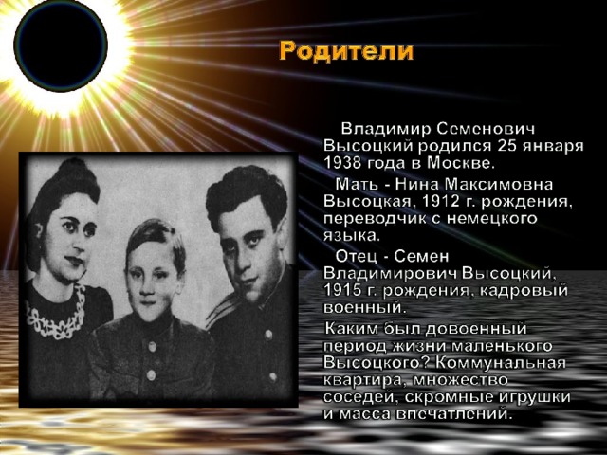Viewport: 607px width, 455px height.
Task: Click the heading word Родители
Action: tap(346, 51)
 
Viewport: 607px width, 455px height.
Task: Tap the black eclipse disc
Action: tap(61, 45)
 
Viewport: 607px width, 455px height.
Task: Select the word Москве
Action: tap(461, 163)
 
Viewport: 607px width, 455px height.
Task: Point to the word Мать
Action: tap(356, 184)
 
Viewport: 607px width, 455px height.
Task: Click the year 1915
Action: tap(341, 291)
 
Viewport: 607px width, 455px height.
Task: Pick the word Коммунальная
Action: tap(500, 363)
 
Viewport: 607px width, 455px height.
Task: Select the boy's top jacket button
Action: tap(153, 347)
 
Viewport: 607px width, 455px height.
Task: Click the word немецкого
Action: tap(492, 219)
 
